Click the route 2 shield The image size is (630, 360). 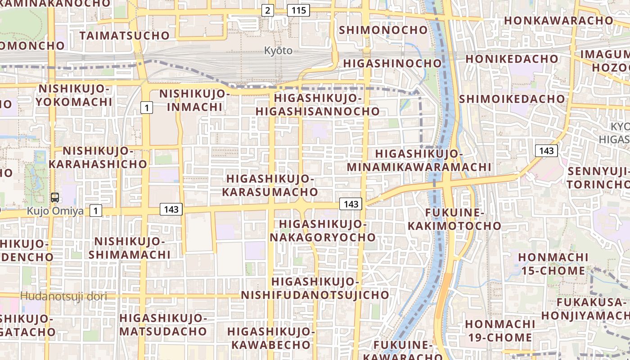268,10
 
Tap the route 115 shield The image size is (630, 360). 299,10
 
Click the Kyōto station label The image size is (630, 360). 278,50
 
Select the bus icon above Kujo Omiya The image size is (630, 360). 55,197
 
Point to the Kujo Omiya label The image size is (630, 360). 55,210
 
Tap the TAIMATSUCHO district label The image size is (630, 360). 125,36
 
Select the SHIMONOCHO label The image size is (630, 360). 383,30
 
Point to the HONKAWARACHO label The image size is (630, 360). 558,20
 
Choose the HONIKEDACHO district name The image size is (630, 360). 512,59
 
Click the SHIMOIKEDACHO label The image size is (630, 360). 512,99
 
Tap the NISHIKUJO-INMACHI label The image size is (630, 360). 194,100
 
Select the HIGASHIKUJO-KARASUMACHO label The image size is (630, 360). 270,185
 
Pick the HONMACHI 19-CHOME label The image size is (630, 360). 500,331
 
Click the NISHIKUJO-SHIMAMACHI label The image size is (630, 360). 130,248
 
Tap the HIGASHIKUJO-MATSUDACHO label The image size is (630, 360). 163,325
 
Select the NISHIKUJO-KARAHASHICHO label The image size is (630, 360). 98,157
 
